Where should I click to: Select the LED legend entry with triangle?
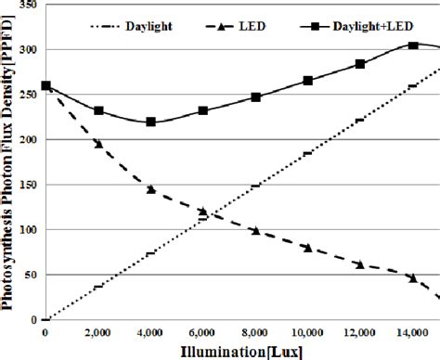[x=222, y=19]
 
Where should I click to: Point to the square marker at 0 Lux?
[x=46, y=86]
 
